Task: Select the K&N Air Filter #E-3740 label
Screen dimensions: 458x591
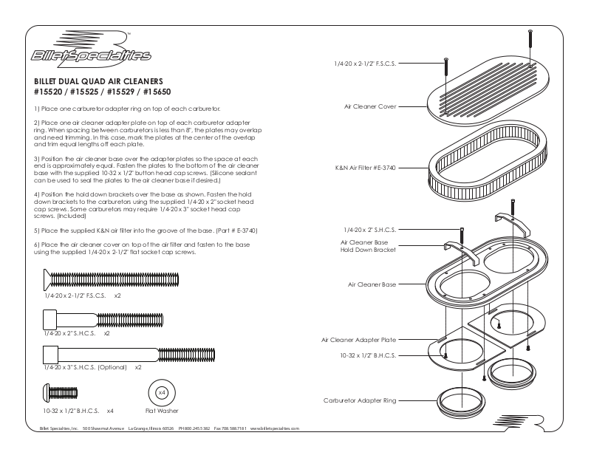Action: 365,168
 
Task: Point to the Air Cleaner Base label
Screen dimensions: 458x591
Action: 372,284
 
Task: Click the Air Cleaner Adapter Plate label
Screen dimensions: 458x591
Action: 358,340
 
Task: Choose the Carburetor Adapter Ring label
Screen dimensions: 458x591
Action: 360,400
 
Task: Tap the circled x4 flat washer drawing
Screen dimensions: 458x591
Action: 162,392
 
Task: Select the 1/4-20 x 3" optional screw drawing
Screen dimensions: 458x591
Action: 126,354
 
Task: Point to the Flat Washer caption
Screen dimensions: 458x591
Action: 162,411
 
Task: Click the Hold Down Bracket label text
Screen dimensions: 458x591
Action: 368,250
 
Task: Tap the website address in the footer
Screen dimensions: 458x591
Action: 274,428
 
